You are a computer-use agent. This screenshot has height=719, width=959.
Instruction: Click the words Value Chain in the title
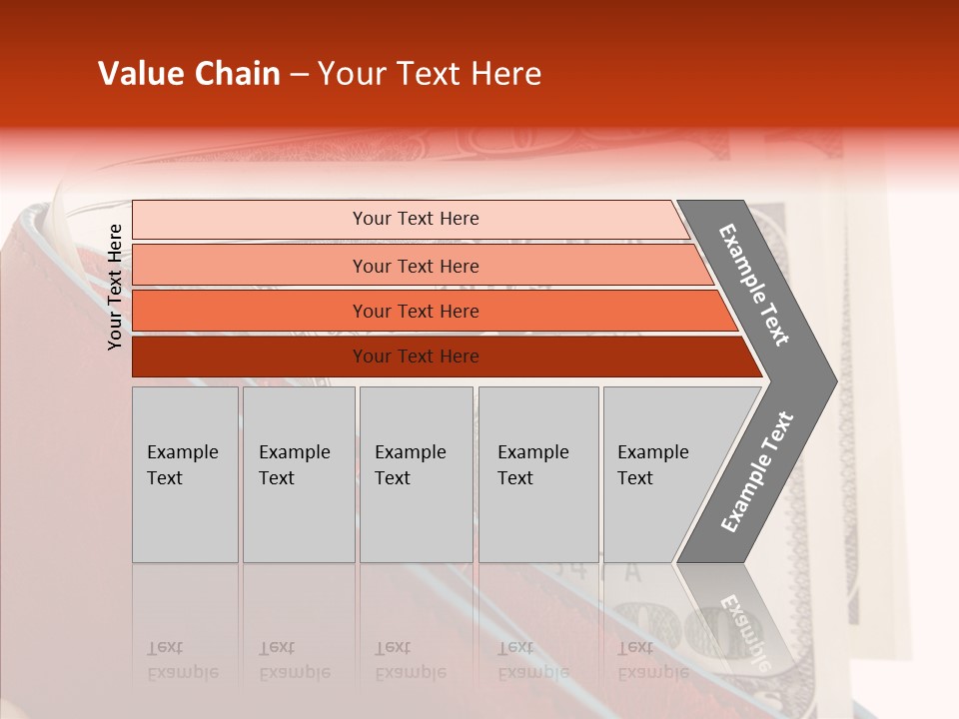(x=189, y=74)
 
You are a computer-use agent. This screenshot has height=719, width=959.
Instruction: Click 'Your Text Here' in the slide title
(x=430, y=74)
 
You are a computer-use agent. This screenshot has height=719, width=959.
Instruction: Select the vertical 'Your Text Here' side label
(x=115, y=287)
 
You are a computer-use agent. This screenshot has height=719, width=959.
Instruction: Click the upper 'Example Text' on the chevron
(x=754, y=285)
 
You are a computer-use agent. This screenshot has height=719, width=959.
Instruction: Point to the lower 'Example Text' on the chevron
(x=756, y=472)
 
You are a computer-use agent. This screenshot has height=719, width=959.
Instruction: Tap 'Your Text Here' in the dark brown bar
(x=416, y=357)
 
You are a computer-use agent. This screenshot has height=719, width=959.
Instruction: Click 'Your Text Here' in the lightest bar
(x=416, y=219)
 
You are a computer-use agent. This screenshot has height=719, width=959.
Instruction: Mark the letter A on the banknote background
(x=632, y=572)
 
